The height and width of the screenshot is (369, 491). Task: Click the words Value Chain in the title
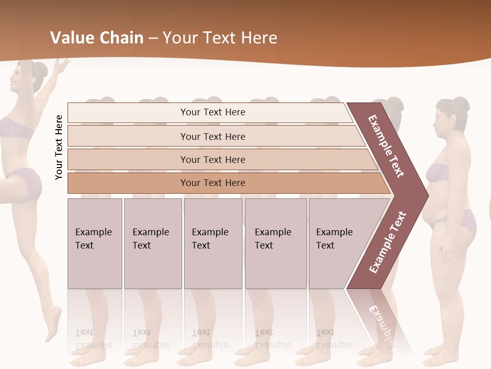(97, 38)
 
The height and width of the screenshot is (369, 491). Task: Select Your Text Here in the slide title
(220, 38)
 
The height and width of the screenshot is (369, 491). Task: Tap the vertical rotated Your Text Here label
(59, 148)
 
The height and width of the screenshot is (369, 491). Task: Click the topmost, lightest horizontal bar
(212, 112)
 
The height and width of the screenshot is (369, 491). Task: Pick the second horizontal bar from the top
(212, 136)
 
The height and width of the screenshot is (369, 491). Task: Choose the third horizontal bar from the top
(212, 159)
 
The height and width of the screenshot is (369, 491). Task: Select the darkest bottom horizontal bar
(212, 183)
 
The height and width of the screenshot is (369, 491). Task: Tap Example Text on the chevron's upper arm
(386, 146)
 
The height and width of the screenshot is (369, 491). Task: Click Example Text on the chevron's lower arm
(388, 242)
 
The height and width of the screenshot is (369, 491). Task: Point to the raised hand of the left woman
(62, 64)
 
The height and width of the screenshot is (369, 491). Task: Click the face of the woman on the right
(441, 123)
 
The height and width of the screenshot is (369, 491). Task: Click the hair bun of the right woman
(460, 105)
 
